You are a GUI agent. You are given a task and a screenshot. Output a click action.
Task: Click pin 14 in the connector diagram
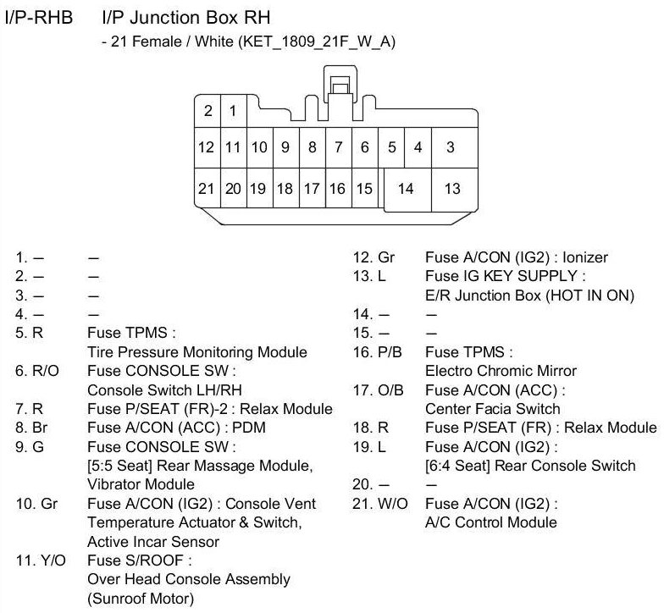pos(406,188)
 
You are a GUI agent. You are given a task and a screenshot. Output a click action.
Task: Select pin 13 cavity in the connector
pos(452,188)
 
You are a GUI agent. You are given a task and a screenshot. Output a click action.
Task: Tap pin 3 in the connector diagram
pos(450,147)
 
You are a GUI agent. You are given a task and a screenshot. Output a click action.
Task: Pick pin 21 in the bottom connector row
pos(206,188)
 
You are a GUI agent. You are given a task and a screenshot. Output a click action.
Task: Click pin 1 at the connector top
pos(232,110)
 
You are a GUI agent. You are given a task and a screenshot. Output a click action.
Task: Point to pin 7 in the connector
pos(338,147)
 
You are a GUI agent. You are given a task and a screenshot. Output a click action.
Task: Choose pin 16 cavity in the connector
pos(337,188)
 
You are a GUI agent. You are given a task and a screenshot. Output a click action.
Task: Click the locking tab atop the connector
pos(341,85)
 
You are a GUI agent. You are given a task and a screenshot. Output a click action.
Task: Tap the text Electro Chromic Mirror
pos(501,371)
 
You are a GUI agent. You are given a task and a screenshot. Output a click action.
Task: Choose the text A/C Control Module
pos(490,522)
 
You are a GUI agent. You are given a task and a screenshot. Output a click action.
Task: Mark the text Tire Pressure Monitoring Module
pos(197,352)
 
